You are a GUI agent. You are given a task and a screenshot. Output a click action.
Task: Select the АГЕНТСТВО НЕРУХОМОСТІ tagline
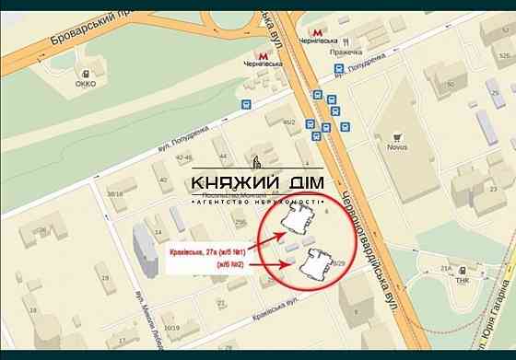pyautogui.click(x=257, y=201)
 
